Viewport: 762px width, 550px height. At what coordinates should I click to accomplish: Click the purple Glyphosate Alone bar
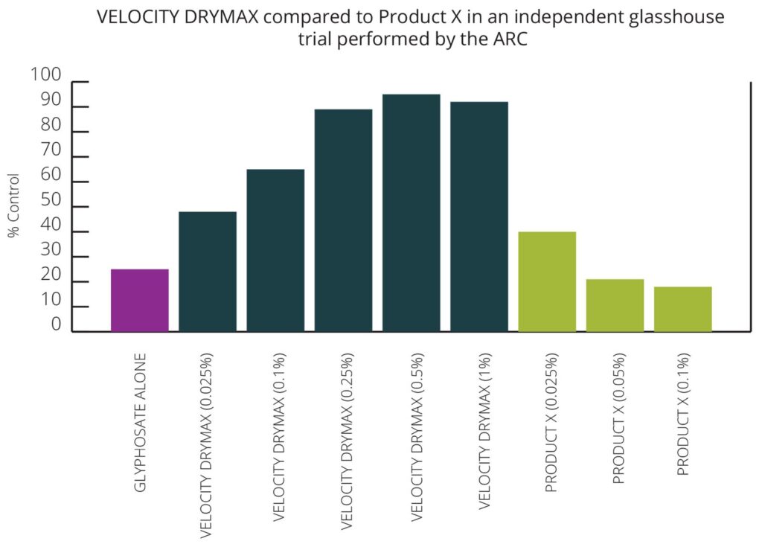click(139, 300)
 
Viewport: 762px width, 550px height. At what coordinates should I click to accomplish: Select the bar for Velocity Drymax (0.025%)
click(208, 272)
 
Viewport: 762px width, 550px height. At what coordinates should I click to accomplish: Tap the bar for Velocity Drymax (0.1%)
click(275, 250)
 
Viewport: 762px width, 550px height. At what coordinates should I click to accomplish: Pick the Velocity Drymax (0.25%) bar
click(343, 220)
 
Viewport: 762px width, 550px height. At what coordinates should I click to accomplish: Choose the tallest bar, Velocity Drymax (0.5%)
click(411, 213)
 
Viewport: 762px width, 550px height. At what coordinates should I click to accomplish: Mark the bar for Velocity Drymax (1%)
click(479, 217)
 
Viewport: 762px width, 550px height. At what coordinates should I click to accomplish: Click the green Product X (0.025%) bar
click(547, 281)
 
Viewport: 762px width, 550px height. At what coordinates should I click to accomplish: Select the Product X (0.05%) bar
click(615, 305)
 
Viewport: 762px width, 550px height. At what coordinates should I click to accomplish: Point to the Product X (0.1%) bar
click(682, 309)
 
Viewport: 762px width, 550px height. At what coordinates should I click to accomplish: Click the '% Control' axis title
click(14, 205)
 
